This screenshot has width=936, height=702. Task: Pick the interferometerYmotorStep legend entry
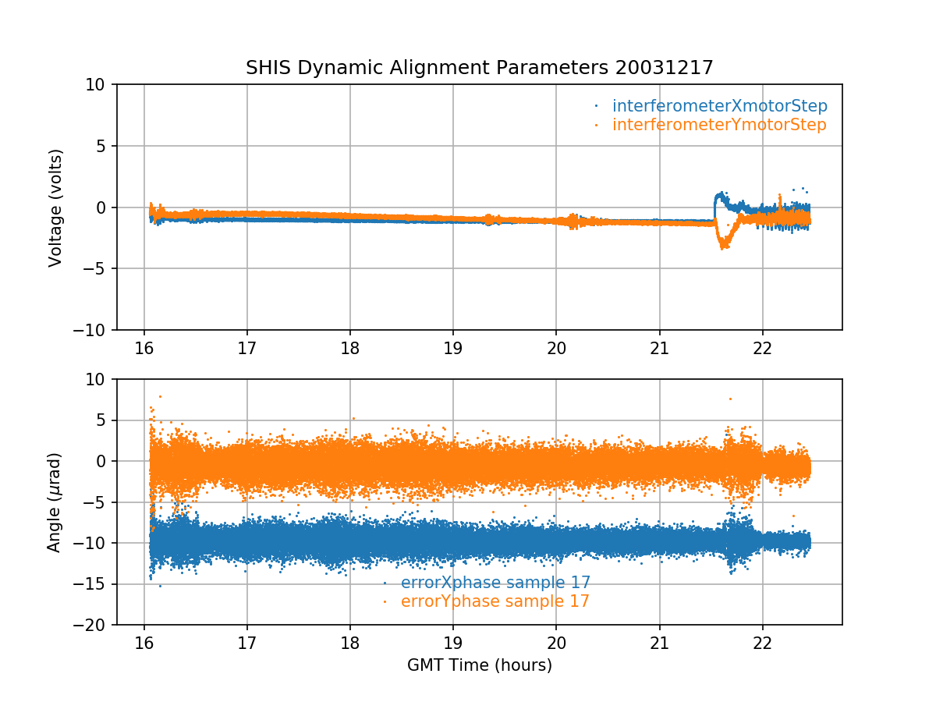(718, 125)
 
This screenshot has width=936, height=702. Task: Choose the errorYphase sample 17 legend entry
(495, 601)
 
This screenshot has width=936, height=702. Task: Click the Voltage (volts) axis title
(55, 207)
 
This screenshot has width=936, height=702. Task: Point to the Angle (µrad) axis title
(55, 502)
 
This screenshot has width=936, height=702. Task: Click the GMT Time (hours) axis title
(479, 665)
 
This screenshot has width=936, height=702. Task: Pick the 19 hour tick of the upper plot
(453, 346)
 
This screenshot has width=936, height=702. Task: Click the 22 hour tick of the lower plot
(762, 642)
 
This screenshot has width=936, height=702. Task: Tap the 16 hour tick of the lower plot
(144, 642)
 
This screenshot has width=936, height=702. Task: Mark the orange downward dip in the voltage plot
(724, 243)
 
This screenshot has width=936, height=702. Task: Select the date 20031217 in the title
(664, 68)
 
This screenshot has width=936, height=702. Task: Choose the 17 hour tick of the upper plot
(247, 346)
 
